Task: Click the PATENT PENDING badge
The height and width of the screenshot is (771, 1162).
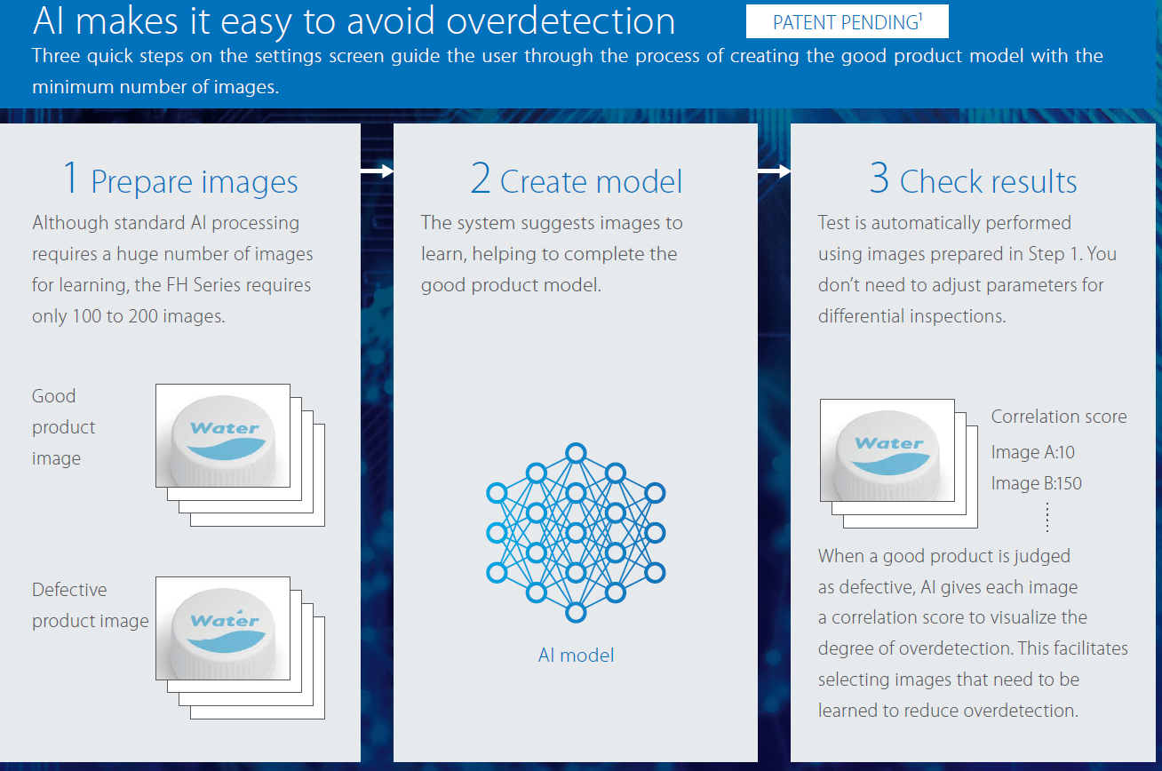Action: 848,21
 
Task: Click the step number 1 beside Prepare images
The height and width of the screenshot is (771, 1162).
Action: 71,178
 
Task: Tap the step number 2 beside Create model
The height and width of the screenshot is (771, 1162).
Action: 481,178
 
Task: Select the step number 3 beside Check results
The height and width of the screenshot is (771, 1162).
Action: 879,178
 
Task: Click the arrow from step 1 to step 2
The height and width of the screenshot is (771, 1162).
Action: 378,171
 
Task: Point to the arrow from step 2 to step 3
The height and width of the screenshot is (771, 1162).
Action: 774,171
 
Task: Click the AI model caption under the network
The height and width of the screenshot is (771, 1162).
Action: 576,656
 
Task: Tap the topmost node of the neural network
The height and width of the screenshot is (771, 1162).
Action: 576,453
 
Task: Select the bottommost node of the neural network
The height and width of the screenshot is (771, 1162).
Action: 576,613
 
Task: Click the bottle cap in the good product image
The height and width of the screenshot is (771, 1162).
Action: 223,440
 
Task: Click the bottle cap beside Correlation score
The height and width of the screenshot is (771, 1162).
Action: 887,455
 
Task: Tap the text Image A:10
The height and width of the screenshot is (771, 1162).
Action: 1033,452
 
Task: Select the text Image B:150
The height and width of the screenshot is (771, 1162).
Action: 1037,483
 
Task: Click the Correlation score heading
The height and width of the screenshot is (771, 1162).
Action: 1059,417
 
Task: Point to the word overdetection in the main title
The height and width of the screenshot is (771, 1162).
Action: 561,21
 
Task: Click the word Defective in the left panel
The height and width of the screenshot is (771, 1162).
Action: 69,590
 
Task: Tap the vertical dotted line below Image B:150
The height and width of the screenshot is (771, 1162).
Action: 1047,517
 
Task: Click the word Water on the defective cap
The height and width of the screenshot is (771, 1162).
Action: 224,620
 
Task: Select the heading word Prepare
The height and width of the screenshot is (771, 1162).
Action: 141,183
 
